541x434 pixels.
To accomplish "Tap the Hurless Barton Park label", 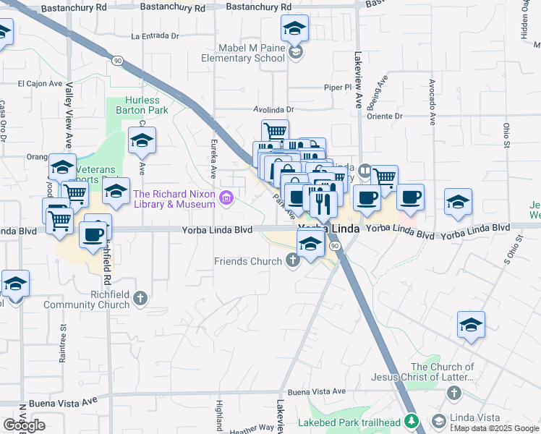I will [142, 105].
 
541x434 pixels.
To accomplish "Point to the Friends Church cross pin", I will [292, 260].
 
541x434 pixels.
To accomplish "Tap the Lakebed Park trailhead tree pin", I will [412, 420].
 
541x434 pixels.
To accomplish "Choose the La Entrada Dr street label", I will [155, 35].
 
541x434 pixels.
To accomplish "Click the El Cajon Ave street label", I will [40, 83].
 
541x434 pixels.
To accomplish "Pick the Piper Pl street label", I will [337, 88].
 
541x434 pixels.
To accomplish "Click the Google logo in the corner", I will [24, 425].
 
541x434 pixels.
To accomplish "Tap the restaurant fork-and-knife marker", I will [323, 203].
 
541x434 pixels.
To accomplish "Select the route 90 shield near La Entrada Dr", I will [117, 61].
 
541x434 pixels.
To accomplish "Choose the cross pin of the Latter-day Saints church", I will [453, 393].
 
